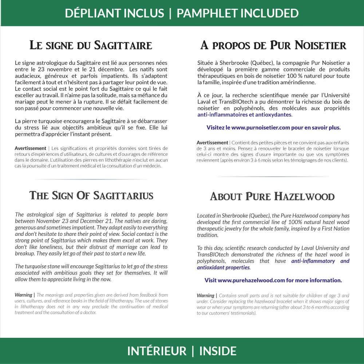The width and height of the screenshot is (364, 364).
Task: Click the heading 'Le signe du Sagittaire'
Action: [91, 46]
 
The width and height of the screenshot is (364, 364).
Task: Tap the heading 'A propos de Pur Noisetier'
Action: [273, 46]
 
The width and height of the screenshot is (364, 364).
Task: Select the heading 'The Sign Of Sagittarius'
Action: [91, 195]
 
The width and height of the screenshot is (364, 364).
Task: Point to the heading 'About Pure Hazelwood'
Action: [272, 197]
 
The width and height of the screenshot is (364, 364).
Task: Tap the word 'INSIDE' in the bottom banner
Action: [218, 351]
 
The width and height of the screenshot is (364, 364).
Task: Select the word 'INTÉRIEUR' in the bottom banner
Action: [157, 351]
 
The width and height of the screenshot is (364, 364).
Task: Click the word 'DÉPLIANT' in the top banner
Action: [88, 13]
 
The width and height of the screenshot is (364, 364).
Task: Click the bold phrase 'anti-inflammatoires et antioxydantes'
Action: [244, 115]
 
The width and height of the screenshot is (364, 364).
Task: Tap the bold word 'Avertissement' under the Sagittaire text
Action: [30, 148]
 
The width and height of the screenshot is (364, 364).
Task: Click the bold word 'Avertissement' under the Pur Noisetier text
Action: [212, 142]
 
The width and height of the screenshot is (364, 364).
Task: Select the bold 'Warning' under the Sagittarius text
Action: [23, 295]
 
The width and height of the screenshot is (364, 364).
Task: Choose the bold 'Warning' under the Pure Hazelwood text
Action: [205, 295]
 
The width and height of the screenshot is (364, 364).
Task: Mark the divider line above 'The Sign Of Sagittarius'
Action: [91, 179]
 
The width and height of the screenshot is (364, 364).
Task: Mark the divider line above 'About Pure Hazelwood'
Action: [273, 177]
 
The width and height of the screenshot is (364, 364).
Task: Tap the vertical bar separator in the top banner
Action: [170, 13]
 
